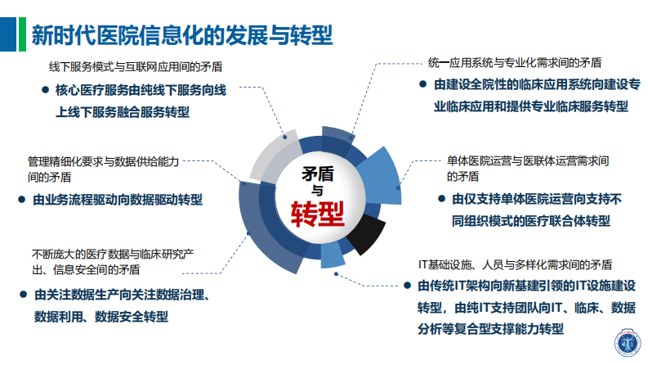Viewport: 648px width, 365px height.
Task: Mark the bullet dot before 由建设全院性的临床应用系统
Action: tap(422, 84)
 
